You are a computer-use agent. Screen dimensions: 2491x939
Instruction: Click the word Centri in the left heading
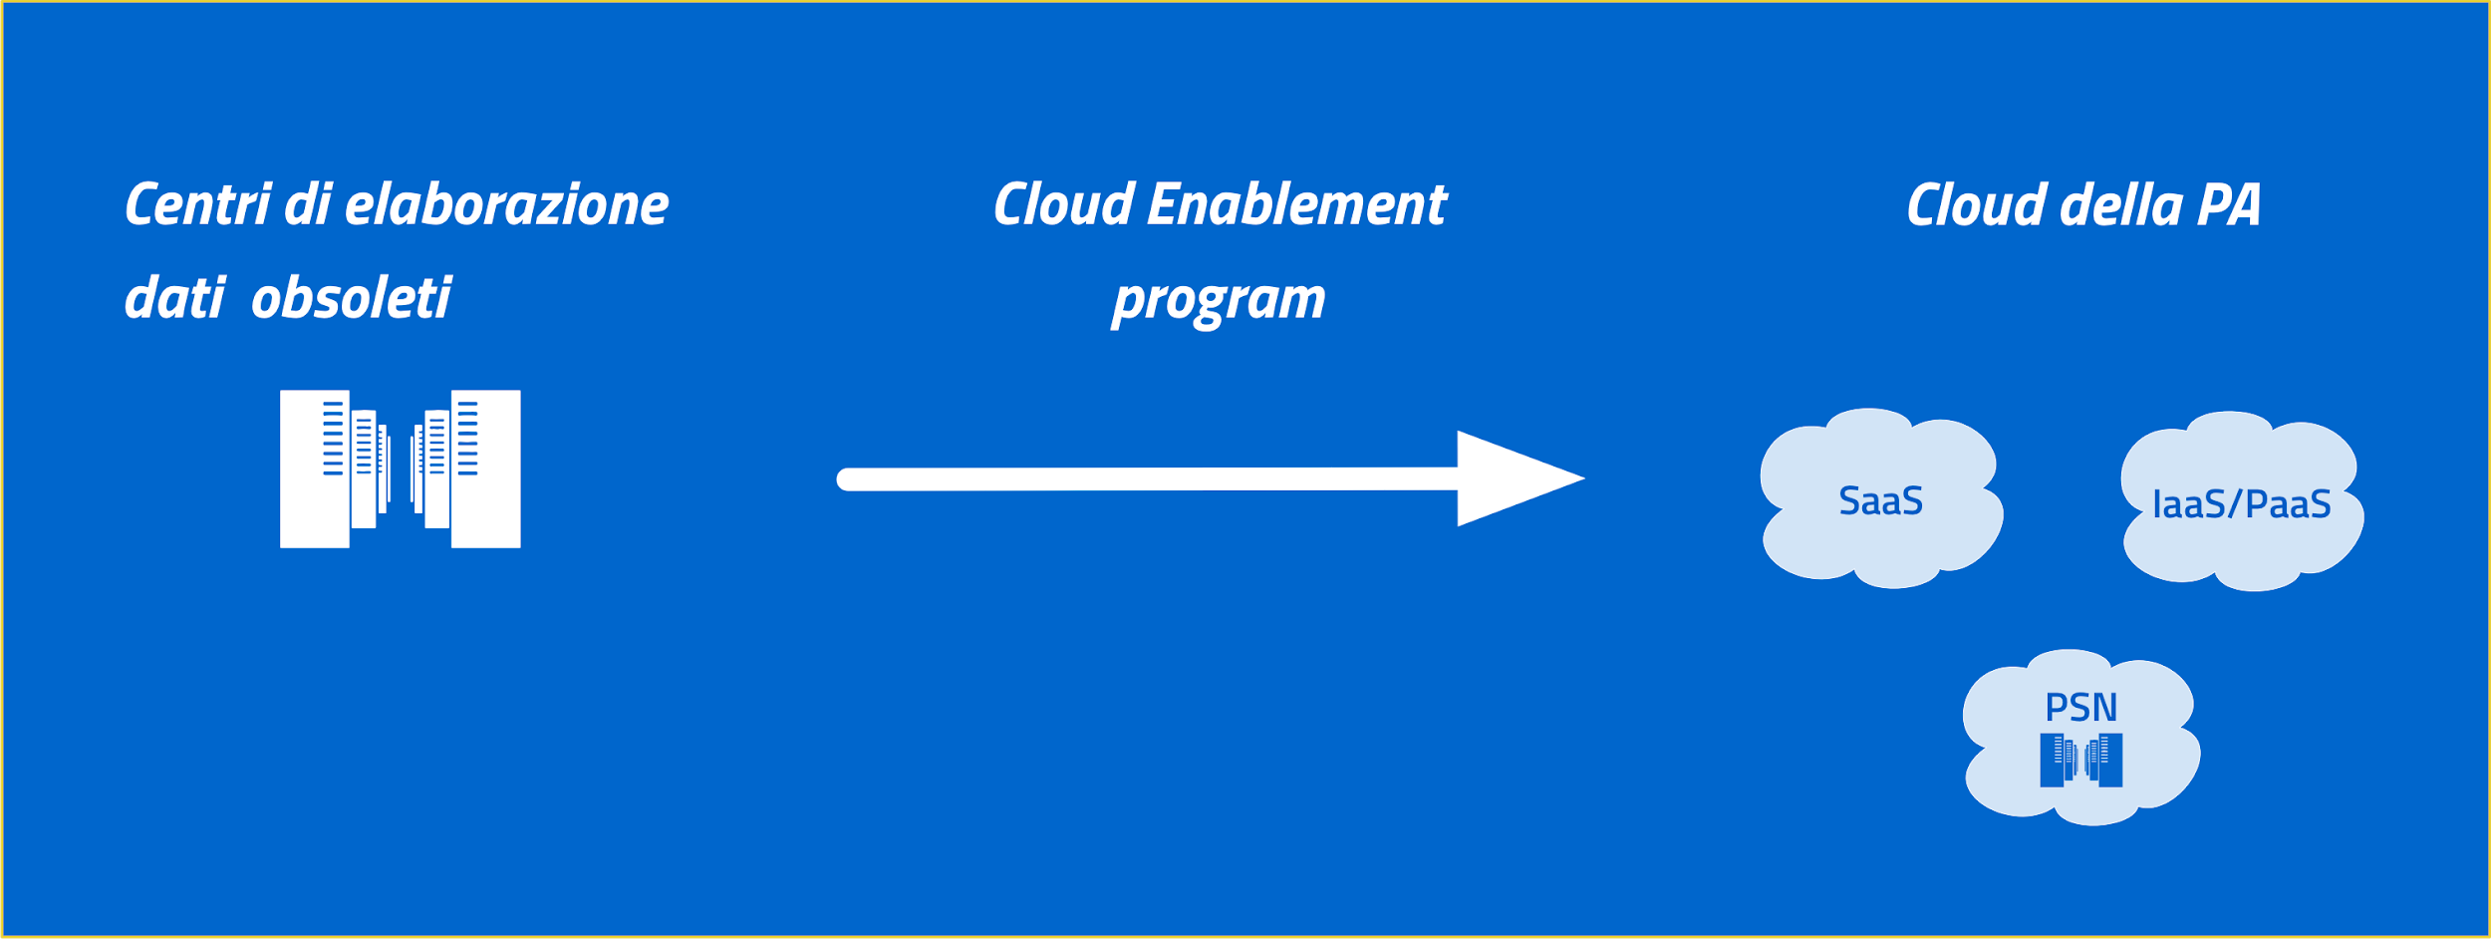click(197, 204)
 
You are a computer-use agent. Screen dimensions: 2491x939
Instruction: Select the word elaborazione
click(506, 204)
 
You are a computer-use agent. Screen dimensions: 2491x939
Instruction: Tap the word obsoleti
click(351, 297)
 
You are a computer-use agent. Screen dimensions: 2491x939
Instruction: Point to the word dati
click(174, 297)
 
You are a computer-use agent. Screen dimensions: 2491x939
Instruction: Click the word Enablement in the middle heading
click(1296, 204)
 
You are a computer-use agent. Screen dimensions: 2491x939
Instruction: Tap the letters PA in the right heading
click(2228, 205)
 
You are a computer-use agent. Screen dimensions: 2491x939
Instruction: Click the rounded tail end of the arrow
click(845, 479)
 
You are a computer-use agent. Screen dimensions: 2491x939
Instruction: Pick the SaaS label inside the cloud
click(1880, 500)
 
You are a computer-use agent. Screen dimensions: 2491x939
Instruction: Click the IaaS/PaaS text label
click(2241, 504)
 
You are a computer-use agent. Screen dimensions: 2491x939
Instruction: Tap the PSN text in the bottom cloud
click(2080, 708)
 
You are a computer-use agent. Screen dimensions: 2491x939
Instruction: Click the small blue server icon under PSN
click(2080, 760)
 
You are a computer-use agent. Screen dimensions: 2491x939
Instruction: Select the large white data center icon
click(400, 469)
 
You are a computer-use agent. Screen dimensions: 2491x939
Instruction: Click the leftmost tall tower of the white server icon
click(314, 469)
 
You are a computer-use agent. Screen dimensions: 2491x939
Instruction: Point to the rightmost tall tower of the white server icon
click(486, 469)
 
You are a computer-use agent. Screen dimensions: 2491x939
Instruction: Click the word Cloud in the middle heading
click(1064, 204)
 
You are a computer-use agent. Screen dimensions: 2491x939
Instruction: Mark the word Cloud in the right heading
click(1977, 204)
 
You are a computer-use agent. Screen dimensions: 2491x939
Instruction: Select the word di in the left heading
click(308, 204)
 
